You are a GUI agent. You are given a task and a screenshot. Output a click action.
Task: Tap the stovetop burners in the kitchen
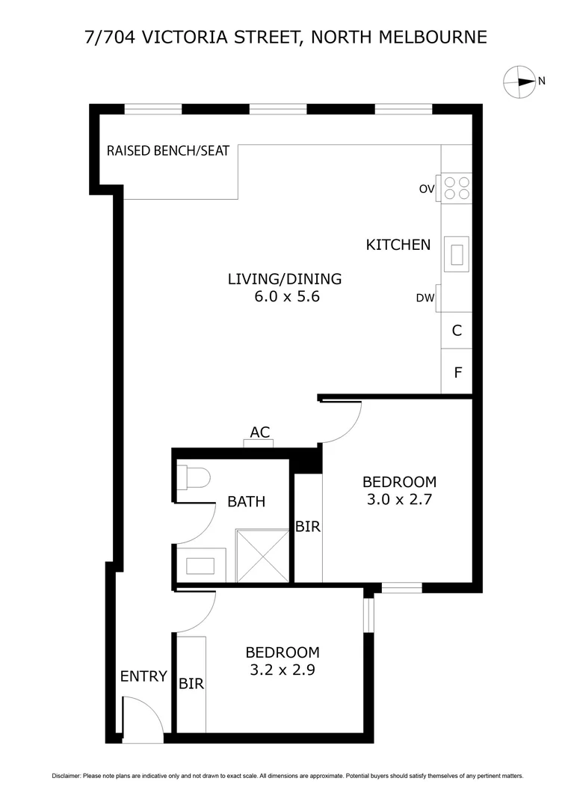coord(457,187)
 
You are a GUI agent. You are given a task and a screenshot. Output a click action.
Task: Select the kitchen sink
coord(457,254)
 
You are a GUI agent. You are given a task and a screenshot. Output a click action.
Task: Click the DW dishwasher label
coord(425,299)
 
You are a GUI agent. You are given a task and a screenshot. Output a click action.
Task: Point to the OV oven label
coord(427,189)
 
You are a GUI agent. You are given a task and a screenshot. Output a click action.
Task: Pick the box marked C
coord(457,330)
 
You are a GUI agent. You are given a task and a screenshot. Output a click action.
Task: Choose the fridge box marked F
coord(457,370)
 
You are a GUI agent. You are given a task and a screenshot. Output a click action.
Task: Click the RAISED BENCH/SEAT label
coord(168,150)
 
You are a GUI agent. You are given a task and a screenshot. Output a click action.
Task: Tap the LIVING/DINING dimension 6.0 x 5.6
coord(284,296)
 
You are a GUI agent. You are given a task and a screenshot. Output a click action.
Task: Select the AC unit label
coord(259,432)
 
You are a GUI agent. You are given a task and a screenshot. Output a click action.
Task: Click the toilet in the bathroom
coord(193,477)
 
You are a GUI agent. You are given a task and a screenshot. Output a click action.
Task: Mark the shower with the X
coord(262,555)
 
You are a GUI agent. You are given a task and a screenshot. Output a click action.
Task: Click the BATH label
coord(246,501)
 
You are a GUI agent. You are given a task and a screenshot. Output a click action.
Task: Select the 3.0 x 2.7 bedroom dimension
coord(399,499)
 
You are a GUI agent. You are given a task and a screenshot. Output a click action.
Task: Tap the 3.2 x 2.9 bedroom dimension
coord(283,670)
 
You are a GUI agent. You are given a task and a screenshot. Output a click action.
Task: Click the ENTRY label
coord(143,676)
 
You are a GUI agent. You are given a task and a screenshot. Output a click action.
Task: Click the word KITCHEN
coord(398,244)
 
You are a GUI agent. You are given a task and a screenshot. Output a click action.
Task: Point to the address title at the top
coord(285,37)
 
